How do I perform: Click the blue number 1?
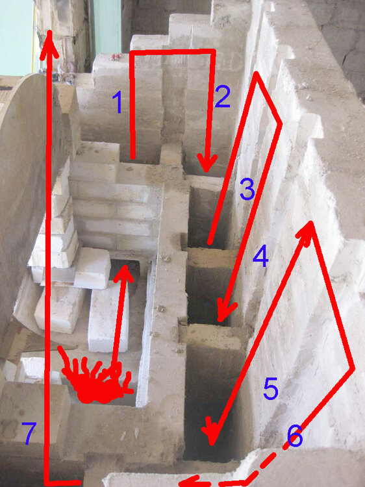(118, 103)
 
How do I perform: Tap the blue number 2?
(222, 97)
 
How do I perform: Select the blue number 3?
(246, 190)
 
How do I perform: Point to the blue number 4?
(260, 258)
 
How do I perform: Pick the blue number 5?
(270, 390)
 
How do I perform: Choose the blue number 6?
(294, 437)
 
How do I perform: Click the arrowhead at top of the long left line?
(48, 45)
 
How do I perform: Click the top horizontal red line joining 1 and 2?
(172, 52)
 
